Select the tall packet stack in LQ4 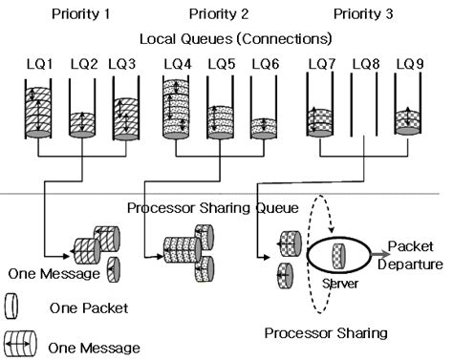[x=179, y=111]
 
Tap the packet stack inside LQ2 [x=82, y=127]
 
